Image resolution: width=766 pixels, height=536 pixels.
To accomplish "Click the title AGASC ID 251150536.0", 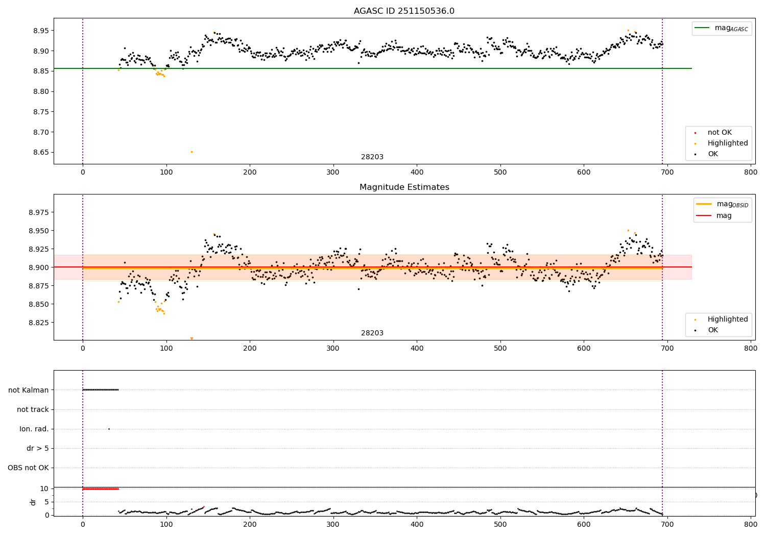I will (x=404, y=11).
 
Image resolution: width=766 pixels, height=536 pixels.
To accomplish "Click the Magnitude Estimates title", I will (x=404, y=187).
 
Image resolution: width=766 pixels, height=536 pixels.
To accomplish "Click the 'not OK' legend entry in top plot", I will (x=720, y=133).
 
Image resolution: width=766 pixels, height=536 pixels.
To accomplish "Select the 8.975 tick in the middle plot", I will (x=39, y=212).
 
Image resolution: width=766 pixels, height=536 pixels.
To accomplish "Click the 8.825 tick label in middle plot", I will (x=39, y=323).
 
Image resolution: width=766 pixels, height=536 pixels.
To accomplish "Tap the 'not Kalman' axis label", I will (x=29, y=390).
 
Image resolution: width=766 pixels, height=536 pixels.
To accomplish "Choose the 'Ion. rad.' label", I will (x=34, y=429).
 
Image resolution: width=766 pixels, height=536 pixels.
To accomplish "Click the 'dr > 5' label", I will (x=38, y=449).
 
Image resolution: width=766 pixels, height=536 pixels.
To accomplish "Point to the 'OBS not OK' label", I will (x=29, y=468).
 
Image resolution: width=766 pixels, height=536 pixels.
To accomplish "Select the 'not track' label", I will (x=33, y=409).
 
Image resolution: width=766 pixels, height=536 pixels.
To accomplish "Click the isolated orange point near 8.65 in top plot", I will (x=192, y=152).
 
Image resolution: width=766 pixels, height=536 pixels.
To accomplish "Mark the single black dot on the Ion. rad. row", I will (x=109, y=429).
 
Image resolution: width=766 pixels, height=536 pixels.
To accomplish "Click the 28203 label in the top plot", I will (x=372, y=157).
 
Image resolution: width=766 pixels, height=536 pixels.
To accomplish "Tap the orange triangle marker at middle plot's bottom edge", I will (x=192, y=338).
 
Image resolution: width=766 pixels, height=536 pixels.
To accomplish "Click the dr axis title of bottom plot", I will (x=33, y=502).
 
